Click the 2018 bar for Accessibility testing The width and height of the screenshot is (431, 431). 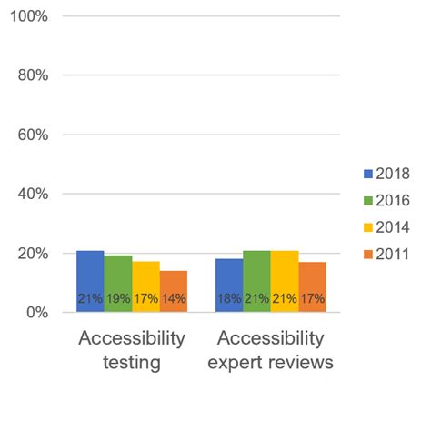90,281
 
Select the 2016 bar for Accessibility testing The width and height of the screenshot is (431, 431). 118,284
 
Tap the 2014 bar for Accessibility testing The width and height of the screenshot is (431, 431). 145,286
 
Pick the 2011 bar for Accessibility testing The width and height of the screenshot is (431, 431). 174,291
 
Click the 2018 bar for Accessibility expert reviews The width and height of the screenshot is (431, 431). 229,286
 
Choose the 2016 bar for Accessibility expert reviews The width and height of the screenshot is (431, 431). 257,281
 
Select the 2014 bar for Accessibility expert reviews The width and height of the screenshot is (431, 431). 285,281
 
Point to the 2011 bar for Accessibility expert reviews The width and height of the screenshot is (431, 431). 313,287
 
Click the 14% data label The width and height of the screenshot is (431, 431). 174,298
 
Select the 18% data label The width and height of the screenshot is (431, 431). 229,298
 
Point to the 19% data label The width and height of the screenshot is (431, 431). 118,298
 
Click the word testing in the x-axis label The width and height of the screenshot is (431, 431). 132,363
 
